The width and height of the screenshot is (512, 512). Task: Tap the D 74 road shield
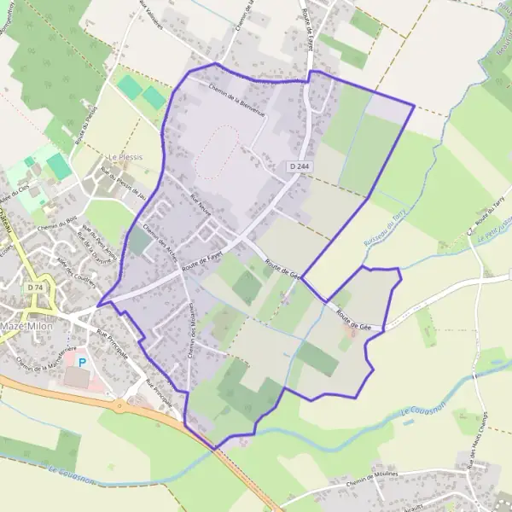35,288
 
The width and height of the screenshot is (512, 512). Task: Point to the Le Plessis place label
125,158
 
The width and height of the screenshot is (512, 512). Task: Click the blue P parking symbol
82,362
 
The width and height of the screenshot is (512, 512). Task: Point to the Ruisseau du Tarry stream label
393,229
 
